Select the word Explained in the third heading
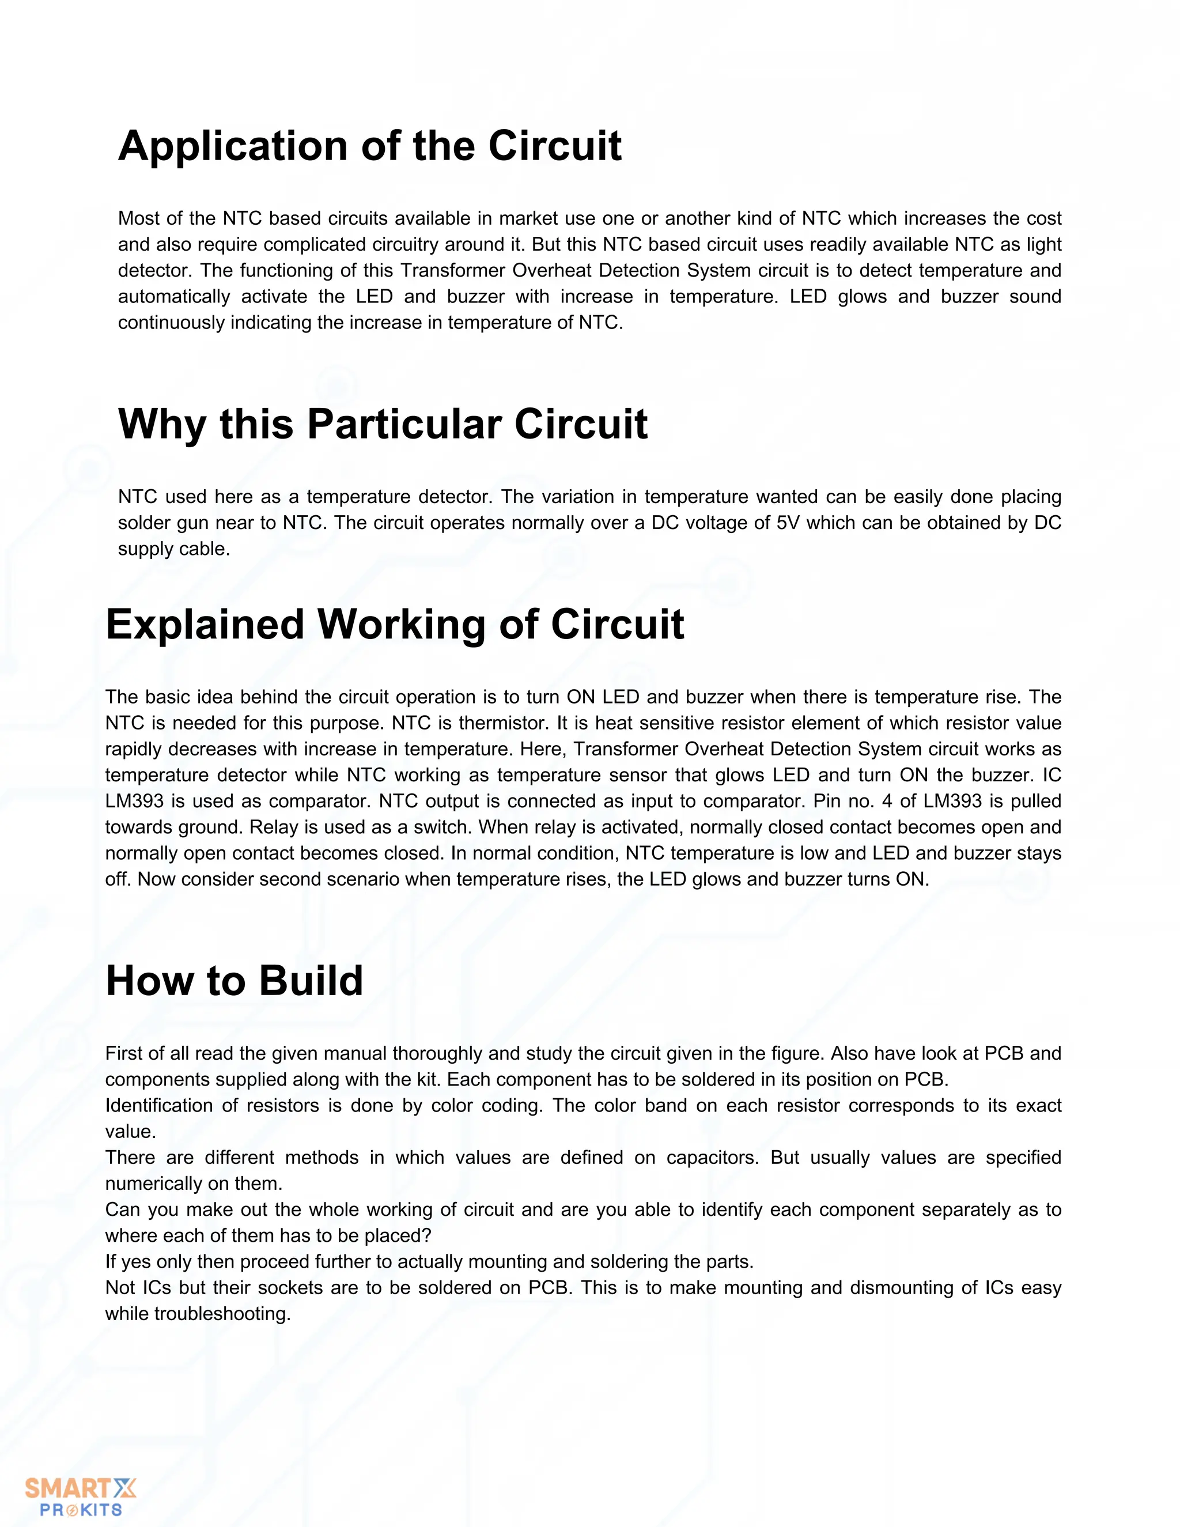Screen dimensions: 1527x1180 pos(205,625)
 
